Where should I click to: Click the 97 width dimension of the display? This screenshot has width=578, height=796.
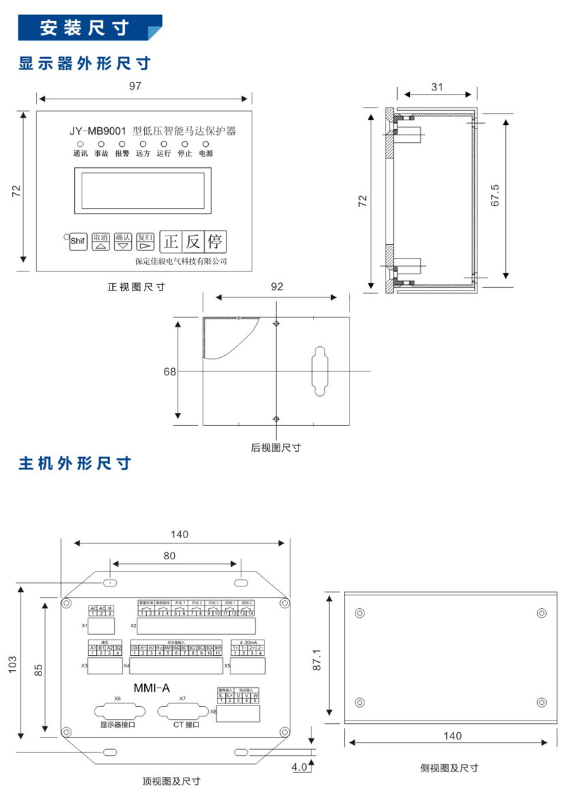point(135,86)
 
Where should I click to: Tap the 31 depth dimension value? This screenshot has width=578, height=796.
point(437,86)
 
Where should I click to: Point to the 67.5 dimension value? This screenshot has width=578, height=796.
point(495,195)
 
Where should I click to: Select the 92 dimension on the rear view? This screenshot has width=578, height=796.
point(277,286)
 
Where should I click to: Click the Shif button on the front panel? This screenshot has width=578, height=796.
point(78,241)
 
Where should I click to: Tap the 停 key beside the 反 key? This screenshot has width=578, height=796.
point(215,242)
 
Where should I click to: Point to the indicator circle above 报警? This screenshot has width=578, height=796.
point(122,144)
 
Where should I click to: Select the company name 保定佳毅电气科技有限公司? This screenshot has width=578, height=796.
point(181,261)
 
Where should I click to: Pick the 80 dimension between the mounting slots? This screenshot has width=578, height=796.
point(169,555)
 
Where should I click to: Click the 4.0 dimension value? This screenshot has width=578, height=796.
point(299,767)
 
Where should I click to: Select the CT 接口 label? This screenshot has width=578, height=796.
point(182,725)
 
